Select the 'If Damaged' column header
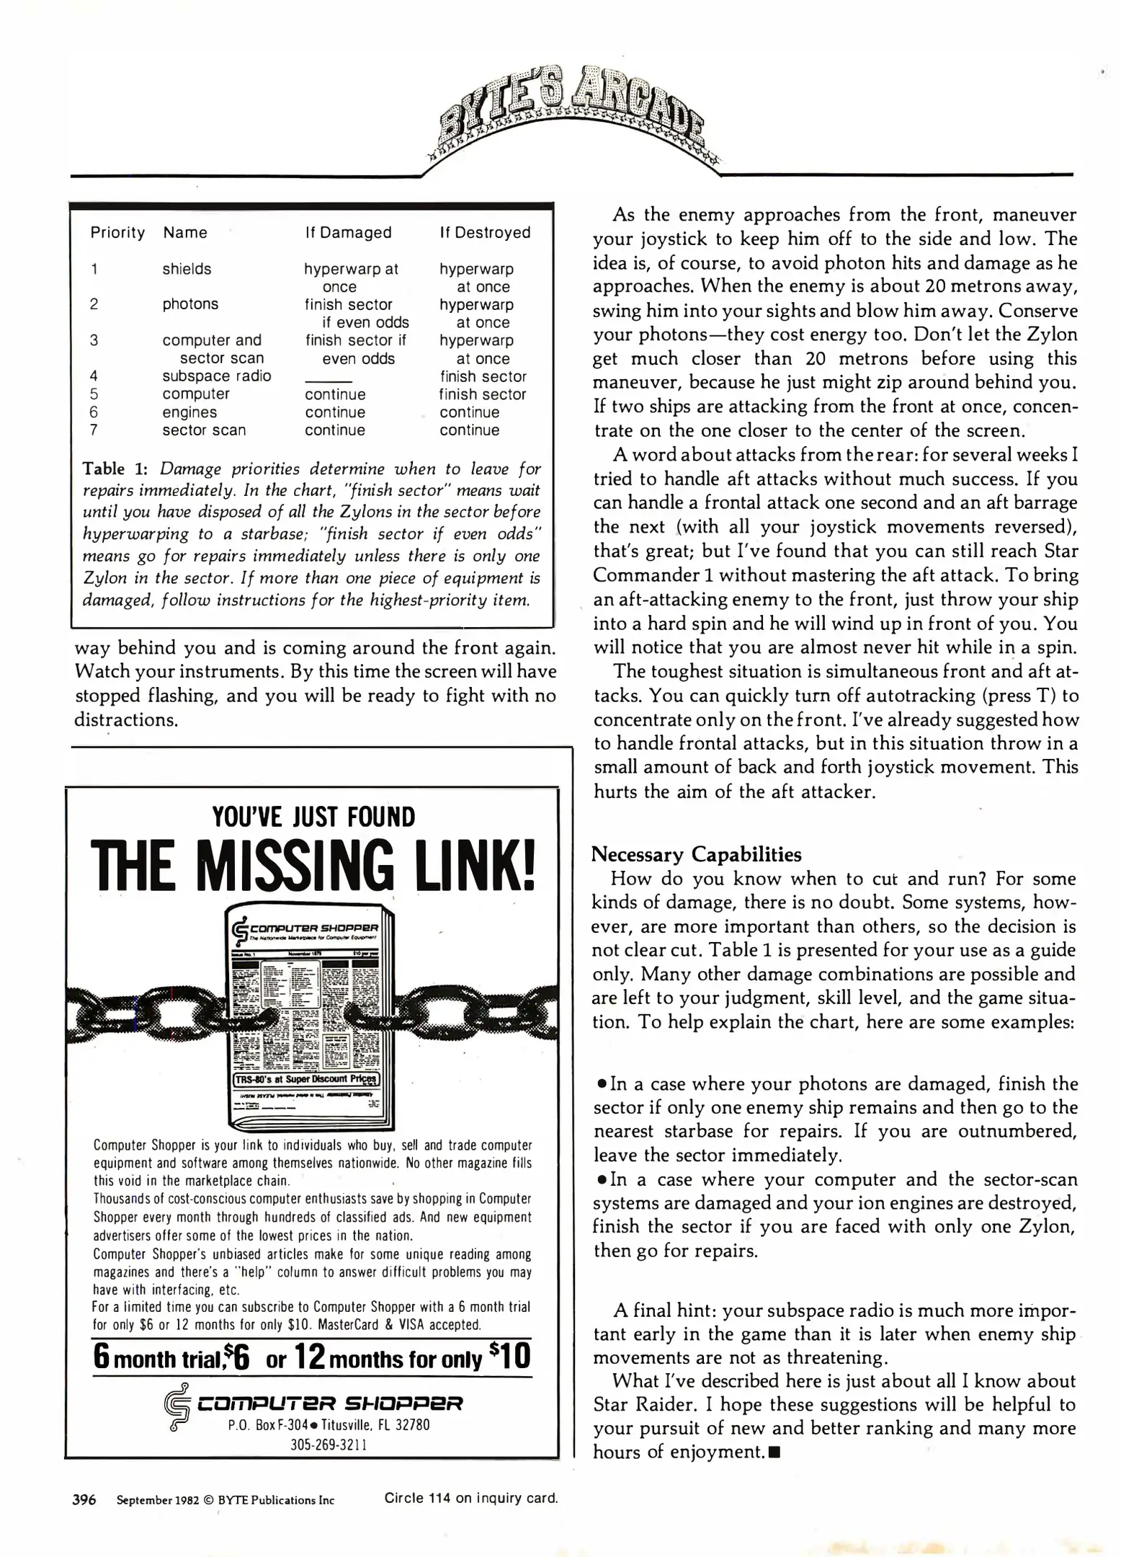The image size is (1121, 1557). (x=348, y=233)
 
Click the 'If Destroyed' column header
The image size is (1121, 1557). (x=485, y=233)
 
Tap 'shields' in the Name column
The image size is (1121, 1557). (x=187, y=269)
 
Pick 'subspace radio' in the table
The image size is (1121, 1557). (x=216, y=376)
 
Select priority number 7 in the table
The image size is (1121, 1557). (x=94, y=430)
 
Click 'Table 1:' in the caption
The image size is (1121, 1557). (x=115, y=469)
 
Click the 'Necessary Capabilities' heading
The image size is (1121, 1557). (x=696, y=855)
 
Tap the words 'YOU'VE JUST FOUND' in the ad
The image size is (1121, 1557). (x=313, y=817)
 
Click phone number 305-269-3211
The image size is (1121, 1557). (x=329, y=1445)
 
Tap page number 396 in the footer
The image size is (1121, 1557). (x=84, y=1500)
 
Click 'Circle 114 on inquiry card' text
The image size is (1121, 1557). (x=471, y=1499)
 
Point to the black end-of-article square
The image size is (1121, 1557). (x=774, y=1452)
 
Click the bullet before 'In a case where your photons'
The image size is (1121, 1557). (x=602, y=1085)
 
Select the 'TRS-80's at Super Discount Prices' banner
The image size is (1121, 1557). (x=307, y=1080)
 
